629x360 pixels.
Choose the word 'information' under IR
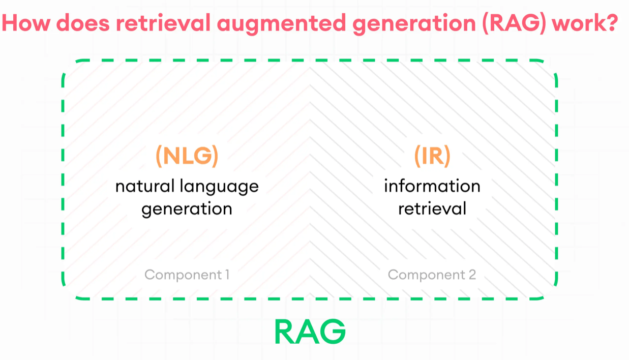432,186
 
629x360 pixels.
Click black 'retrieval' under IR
432,208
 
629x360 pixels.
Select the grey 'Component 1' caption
187,275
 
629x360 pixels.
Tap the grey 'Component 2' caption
432,275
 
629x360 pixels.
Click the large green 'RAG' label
310,332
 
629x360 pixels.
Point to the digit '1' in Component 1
226,275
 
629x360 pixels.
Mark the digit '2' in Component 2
472,275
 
